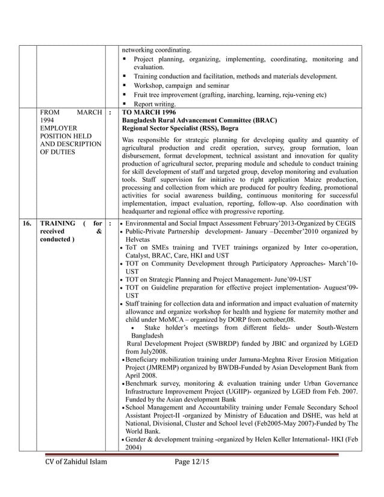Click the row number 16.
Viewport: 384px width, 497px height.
(27, 223)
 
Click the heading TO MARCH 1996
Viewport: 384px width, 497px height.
(148, 112)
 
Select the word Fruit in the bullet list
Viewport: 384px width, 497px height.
(142, 94)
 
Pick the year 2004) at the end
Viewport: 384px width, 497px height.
(133, 447)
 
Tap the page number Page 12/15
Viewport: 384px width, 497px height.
(191, 461)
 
